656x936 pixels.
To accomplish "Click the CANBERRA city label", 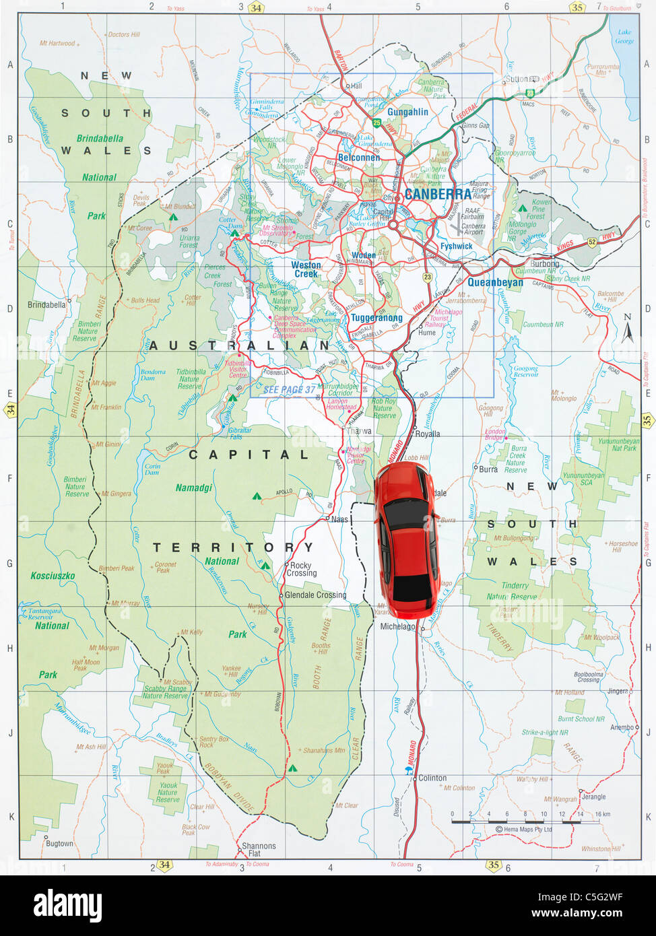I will point(438,195).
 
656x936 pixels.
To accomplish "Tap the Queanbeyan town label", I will point(495,283).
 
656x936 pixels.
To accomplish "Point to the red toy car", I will point(406,540).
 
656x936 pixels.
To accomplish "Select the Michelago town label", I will point(398,626).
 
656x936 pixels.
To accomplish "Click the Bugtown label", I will point(59,843).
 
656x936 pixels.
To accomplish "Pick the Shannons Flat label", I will point(259,850).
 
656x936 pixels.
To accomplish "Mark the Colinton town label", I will point(432,778).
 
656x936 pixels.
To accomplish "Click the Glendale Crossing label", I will point(315,595).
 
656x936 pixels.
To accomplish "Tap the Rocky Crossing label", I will point(301,570).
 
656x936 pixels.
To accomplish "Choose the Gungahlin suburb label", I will point(407,112).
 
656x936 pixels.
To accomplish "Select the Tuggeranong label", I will point(376,318).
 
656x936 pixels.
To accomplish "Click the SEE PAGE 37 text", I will point(289,389).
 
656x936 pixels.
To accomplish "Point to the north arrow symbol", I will point(628,329).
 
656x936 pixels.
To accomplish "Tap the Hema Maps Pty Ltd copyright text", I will point(523,830).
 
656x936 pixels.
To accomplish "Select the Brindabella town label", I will point(46,305).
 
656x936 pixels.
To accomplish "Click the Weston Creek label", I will point(306,269).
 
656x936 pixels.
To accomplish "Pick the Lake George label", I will point(625,36).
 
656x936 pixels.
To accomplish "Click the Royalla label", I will point(428,434).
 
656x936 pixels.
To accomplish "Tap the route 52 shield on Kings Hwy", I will point(592,242).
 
